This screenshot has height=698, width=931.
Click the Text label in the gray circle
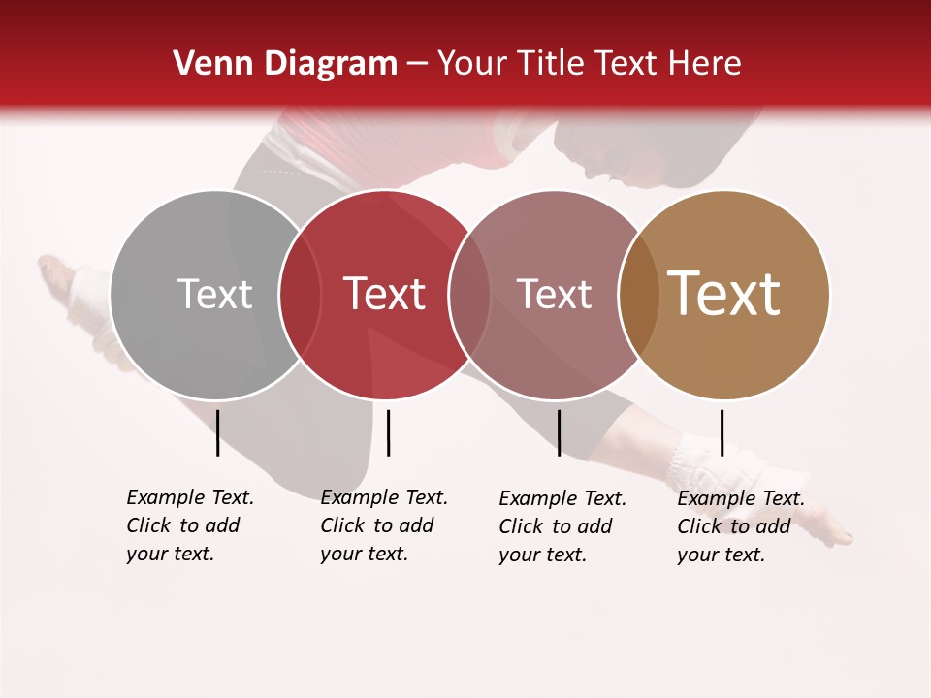click(x=214, y=294)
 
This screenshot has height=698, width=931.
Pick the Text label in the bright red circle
click(x=384, y=294)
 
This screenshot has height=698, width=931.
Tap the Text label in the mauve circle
click(x=554, y=294)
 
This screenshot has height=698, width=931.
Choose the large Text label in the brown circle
click(x=723, y=293)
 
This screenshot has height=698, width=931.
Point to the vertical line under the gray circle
click(x=217, y=432)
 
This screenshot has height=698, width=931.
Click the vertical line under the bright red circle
click(x=388, y=432)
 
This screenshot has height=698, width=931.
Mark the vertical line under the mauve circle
click(x=559, y=432)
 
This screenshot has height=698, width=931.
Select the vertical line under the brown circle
click(x=722, y=432)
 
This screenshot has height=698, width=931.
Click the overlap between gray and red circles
click(x=300, y=295)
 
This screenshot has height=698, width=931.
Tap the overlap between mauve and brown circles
click(x=639, y=295)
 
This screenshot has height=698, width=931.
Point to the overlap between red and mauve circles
click(x=469, y=295)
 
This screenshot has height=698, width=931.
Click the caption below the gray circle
click(x=189, y=525)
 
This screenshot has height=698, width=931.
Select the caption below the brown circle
click(x=740, y=526)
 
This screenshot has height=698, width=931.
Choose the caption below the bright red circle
click(x=383, y=525)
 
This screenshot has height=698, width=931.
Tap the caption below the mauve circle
click(x=562, y=526)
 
